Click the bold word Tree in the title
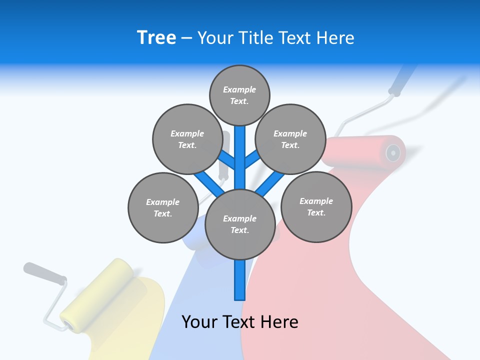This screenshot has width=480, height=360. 156,38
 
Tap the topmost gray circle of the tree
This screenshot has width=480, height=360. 239,95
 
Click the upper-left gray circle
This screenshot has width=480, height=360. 187,139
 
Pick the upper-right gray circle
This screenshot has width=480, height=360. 290,139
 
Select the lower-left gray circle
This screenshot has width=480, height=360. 162,208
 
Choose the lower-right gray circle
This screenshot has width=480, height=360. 316,207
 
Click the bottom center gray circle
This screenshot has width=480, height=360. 239,224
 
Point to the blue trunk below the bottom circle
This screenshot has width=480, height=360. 239,280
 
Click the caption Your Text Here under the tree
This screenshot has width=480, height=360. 239,322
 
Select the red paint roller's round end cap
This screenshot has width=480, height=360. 393,151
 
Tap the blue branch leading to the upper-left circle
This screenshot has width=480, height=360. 227,160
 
